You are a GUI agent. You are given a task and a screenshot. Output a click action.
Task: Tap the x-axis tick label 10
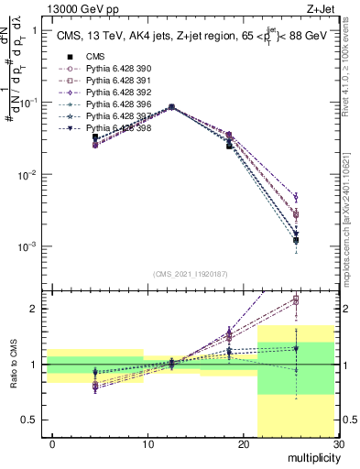click(147, 444)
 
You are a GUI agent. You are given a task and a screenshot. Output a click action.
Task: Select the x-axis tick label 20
click(243, 444)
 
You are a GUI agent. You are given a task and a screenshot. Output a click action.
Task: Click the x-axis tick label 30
click(337, 444)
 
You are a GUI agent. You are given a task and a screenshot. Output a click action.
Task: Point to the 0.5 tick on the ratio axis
click(34, 420)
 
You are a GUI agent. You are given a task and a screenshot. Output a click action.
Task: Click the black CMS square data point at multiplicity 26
click(296, 240)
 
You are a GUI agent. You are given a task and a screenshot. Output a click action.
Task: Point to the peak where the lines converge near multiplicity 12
click(172, 107)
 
